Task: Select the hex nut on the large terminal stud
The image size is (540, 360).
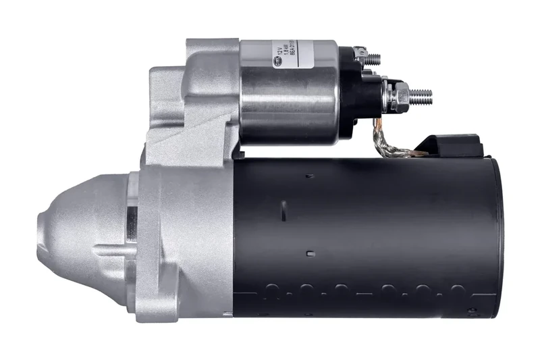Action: [x=398, y=97]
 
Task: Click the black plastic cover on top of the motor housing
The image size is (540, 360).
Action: [x=449, y=144]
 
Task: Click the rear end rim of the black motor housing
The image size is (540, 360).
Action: [x=497, y=236]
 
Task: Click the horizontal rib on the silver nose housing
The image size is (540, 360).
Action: [x=111, y=251]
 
